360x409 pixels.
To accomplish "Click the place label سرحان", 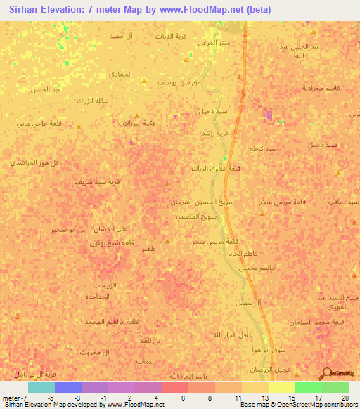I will click(x=180, y=202).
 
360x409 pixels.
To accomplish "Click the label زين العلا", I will click(x=150, y=341).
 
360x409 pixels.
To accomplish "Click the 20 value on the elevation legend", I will click(x=343, y=397).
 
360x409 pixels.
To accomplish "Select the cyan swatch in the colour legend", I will click(x=41, y=387).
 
